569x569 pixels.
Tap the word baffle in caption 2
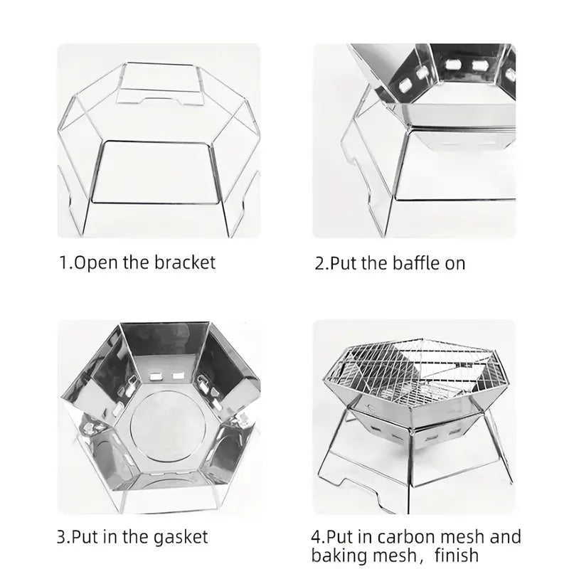[411, 263]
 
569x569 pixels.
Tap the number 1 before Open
[61, 262]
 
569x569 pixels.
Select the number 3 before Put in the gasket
[62, 536]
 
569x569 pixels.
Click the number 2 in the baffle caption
[319, 263]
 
